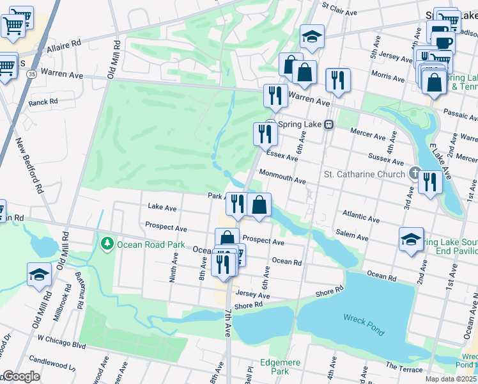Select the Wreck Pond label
tap(364, 317)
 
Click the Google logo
tap(20, 376)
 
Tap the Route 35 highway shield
tap(31, 74)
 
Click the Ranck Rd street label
tap(43, 101)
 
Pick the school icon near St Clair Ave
tap(312, 36)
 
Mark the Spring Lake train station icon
tap(329, 125)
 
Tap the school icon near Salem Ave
tap(411, 239)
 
